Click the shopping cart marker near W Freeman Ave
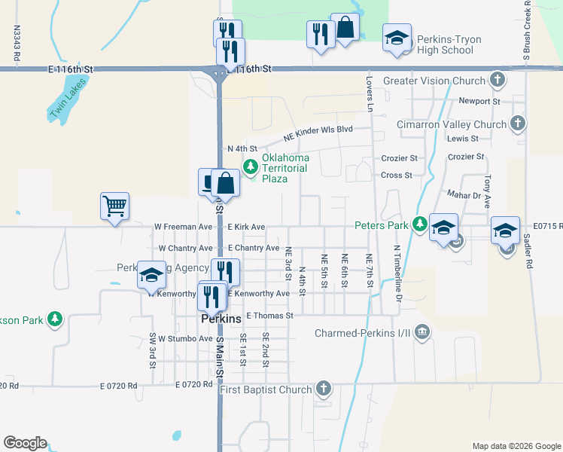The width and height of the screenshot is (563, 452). tap(114, 205)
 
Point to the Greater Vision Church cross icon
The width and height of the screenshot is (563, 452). tap(497, 80)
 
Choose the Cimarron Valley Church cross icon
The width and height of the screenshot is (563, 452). tap(517, 124)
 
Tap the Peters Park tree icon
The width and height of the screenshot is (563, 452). tap(419, 224)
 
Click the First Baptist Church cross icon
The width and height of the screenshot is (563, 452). tap(323, 389)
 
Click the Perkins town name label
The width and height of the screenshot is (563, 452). tap(221, 319)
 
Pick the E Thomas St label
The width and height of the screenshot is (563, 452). tap(269, 316)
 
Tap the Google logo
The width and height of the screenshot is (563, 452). tap(25, 443)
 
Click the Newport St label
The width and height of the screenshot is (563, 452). tap(479, 101)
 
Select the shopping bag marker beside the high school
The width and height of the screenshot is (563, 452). tap(345, 28)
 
